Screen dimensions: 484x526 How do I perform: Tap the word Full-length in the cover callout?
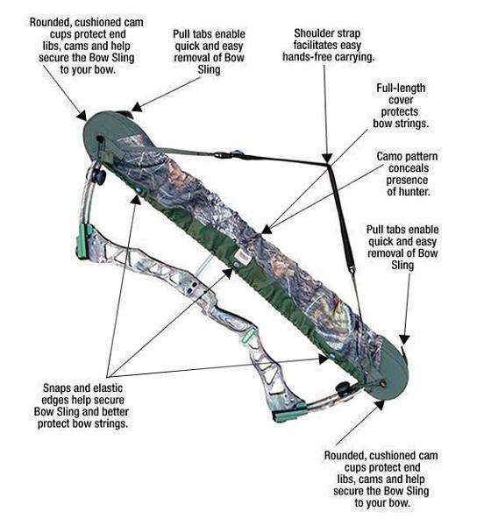pyautogui.click(x=401, y=88)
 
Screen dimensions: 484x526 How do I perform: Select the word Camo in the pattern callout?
pyautogui.click(x=390, y=156)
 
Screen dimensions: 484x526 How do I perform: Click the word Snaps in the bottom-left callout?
pyautogui.click(x=57, y=388)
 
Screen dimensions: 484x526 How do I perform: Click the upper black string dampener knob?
pyautogui.click(x=100, y=176)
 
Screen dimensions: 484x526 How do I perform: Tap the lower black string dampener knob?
pyautogui.click(x=344, y=388)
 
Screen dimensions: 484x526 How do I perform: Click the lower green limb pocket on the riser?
pyautogui.click(x=289, y=413)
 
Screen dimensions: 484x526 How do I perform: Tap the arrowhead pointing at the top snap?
pyautogui.click(x=136, y=199)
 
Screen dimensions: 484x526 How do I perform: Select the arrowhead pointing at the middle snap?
pyautogui.click(x=228, y=274)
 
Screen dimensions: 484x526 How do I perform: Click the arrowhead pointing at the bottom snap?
pyautogui.click(x=324, y=359)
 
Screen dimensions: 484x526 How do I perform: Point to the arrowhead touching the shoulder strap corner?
pyautogui.click(x=327, y=158)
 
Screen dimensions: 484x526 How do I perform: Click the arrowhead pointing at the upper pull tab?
pyautogui.click(x=137, y=107)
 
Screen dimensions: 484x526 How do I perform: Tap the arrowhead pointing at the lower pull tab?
pyautogui.click(x=405, y=339)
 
